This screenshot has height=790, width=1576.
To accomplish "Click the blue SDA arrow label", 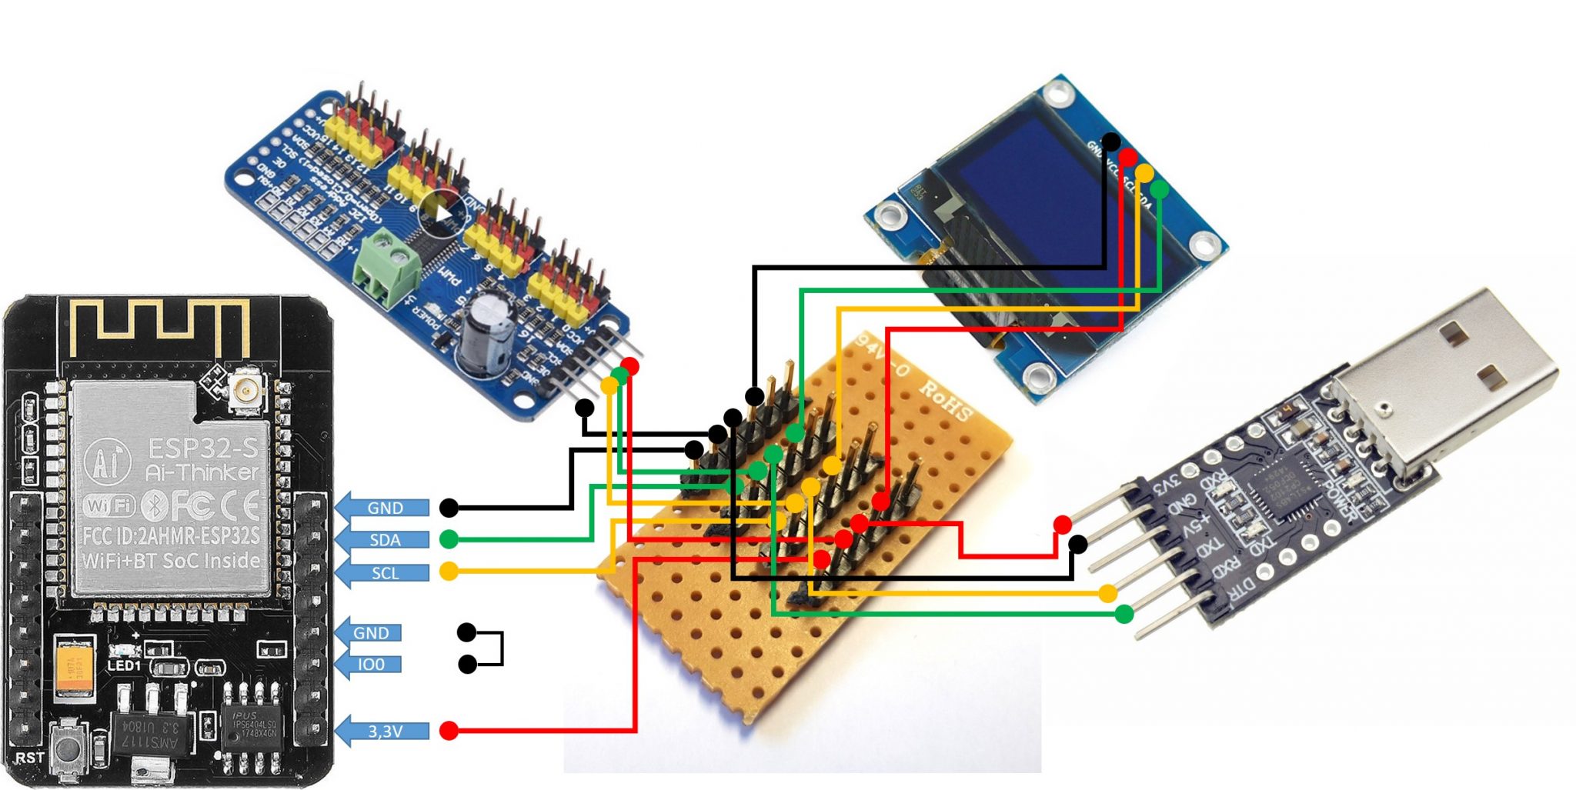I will point(383,540).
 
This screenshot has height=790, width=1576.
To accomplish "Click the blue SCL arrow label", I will point(383,573).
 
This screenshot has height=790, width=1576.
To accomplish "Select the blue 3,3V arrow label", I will point(383,731).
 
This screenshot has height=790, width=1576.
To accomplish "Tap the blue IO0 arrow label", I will point(369,665).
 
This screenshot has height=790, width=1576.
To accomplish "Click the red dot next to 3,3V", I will point(449,731).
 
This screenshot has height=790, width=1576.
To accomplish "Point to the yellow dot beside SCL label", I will point(449,572).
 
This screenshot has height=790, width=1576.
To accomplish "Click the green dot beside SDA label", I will point(449,539).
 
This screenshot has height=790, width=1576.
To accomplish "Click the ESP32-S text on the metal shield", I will point(202,448).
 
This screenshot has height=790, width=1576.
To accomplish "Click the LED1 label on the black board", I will point(124,666).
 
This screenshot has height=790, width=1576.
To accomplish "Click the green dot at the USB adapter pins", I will point(1124,614).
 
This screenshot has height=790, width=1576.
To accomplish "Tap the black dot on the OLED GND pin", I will point(1110,142).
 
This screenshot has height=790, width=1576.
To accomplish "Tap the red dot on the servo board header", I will point(630,365).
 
